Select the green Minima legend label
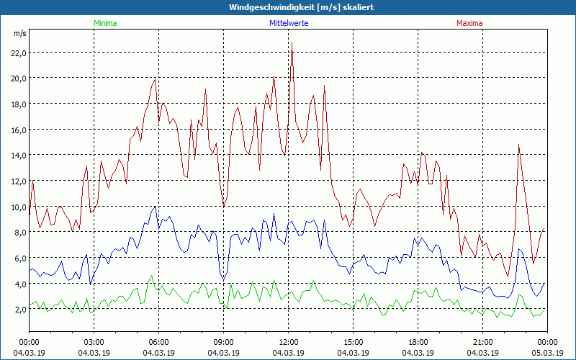tap(104, 23)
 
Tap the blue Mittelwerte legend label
tap(289, 23)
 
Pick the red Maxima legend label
tap(469, 23)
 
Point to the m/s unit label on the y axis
tap(19, 34)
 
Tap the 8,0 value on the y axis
tap(18, 232)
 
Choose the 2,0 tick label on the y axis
tap(18, 310)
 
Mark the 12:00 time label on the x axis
tap(288, 341)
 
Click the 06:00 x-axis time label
tap(158, 341)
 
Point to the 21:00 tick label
tap(482, 341)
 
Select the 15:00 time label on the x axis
tap(353, 341)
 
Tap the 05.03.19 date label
tap(547, 352)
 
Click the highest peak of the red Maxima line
tap(292, 44)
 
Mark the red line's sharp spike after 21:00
tap(518, 145)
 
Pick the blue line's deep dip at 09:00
tap(224, 279)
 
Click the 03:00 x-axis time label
tap(94, 341)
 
